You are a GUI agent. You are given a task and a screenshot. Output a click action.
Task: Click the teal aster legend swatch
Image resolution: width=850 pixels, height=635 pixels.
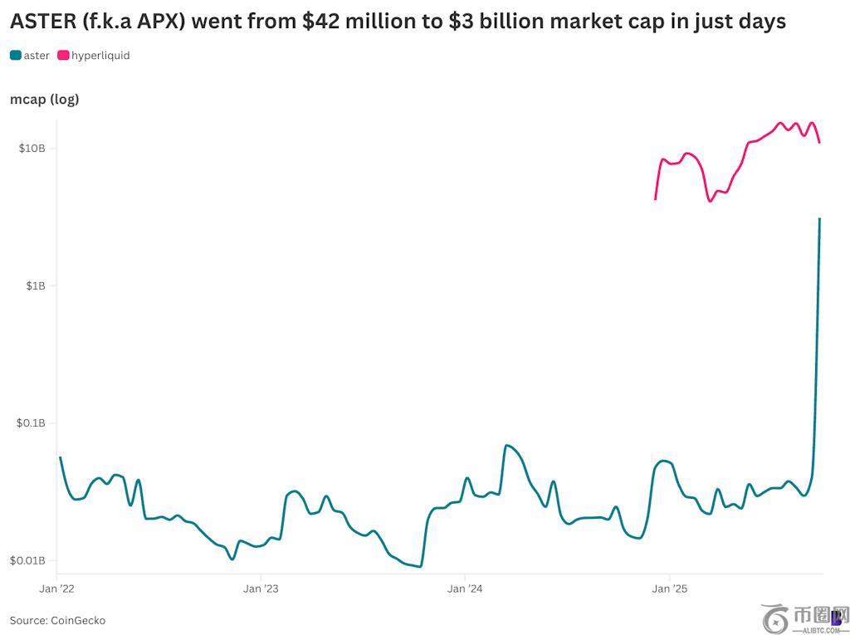pyautogui.click(x=16, y=56)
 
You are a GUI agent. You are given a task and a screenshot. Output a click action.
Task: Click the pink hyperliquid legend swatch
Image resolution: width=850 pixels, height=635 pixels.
pyautogui.click(x=63, y=56)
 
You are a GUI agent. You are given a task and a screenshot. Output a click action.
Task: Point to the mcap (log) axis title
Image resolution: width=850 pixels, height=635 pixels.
pyautogui.click(x=44, y=100)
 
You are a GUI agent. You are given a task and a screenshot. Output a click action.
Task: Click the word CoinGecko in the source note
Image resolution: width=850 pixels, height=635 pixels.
pyautogui.click(x=78, y=620)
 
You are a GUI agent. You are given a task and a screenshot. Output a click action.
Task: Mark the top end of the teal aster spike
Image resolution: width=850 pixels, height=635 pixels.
pyautogui.click(x=820, y=219)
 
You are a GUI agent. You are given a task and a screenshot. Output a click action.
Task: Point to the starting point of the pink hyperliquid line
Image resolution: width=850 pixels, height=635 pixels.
pyautogui.click(x=656, y=199)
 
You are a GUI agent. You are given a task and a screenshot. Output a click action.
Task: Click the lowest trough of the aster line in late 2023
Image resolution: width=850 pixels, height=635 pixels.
pyautogui.click(x=420, y=566)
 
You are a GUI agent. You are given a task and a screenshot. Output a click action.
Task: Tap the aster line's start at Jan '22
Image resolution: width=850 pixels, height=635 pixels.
pyautogui.click(x=60, y=457)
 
